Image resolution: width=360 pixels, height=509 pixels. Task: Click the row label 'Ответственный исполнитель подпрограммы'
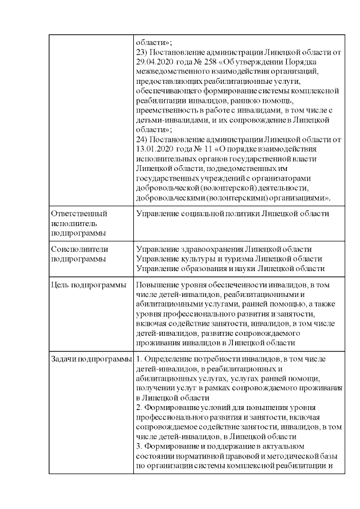click(x=79, y=223)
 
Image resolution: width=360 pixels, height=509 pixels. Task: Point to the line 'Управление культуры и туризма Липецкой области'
click(x=229, y=259)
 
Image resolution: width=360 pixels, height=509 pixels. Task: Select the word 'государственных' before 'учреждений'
click(x=167, y=178)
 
